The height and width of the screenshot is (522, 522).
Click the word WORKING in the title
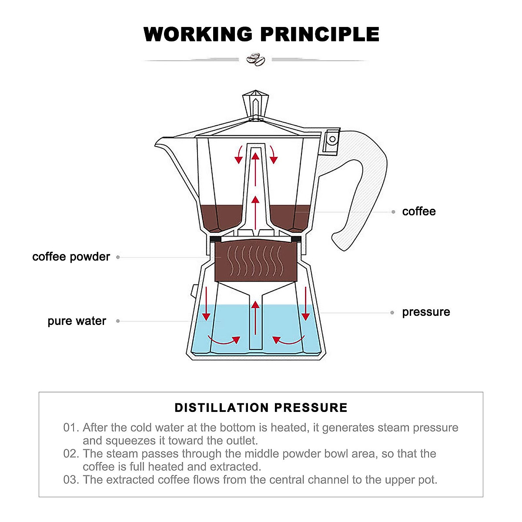pos(198,34)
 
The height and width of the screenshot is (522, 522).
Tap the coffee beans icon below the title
pos(255,60)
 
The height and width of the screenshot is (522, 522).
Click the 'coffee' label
pos(418,211)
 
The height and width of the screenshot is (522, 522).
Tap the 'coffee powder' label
pos(71,257)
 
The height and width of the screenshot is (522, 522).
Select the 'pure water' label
pos(77,321)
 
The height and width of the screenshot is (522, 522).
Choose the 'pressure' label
pos(425,312)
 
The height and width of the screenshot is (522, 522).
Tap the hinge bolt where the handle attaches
pos(332,140)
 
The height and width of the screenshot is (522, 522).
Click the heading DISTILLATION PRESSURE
pos(261,408)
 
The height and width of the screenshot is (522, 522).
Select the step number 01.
pos(70,428)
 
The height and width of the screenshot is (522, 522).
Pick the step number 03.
pos(70,480)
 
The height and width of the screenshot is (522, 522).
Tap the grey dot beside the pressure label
pos(392,312)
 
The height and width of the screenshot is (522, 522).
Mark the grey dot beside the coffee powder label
pos(118,257)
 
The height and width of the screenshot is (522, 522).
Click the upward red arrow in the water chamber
pos(255,318)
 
